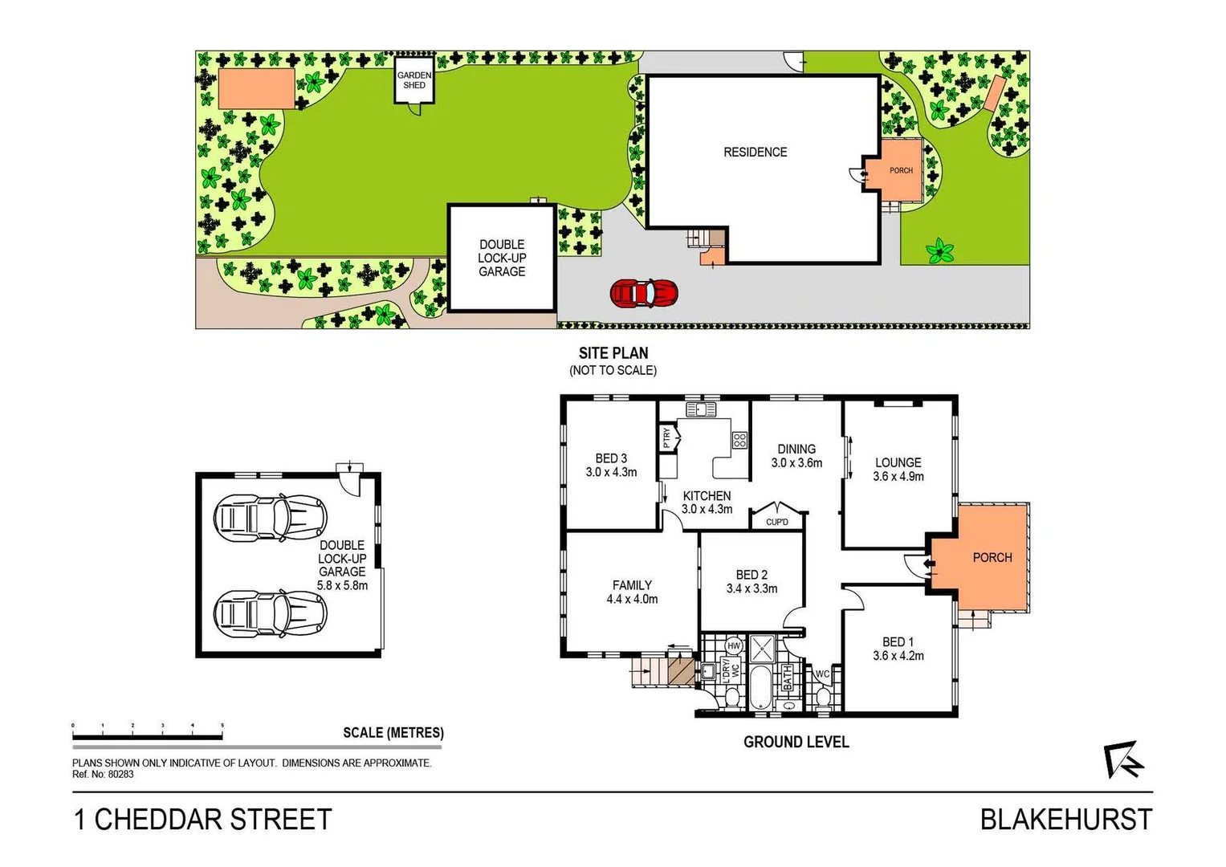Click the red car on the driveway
(x=643, y=294)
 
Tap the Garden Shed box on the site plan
(x=414, y=80)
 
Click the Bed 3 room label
(x=611, y=465)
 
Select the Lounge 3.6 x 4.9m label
(x=898, y=470)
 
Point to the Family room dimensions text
(x=632, y=600)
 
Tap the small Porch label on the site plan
(x=901, y=170)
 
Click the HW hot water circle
(x=733, y=646)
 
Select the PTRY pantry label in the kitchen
(x=666, y=438)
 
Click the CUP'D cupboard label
(x=776, y=522)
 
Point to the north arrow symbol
(x=1122, y=759)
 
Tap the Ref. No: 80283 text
(x=103, y=775)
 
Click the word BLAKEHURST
(x=1065, y=820)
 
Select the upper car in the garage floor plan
(x=270, y=517)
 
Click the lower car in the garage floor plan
(x=270, y=614)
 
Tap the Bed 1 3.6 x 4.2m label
(x=898, y=649)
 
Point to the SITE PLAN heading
(x=613, y=353)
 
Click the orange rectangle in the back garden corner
(x=256, y=88)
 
